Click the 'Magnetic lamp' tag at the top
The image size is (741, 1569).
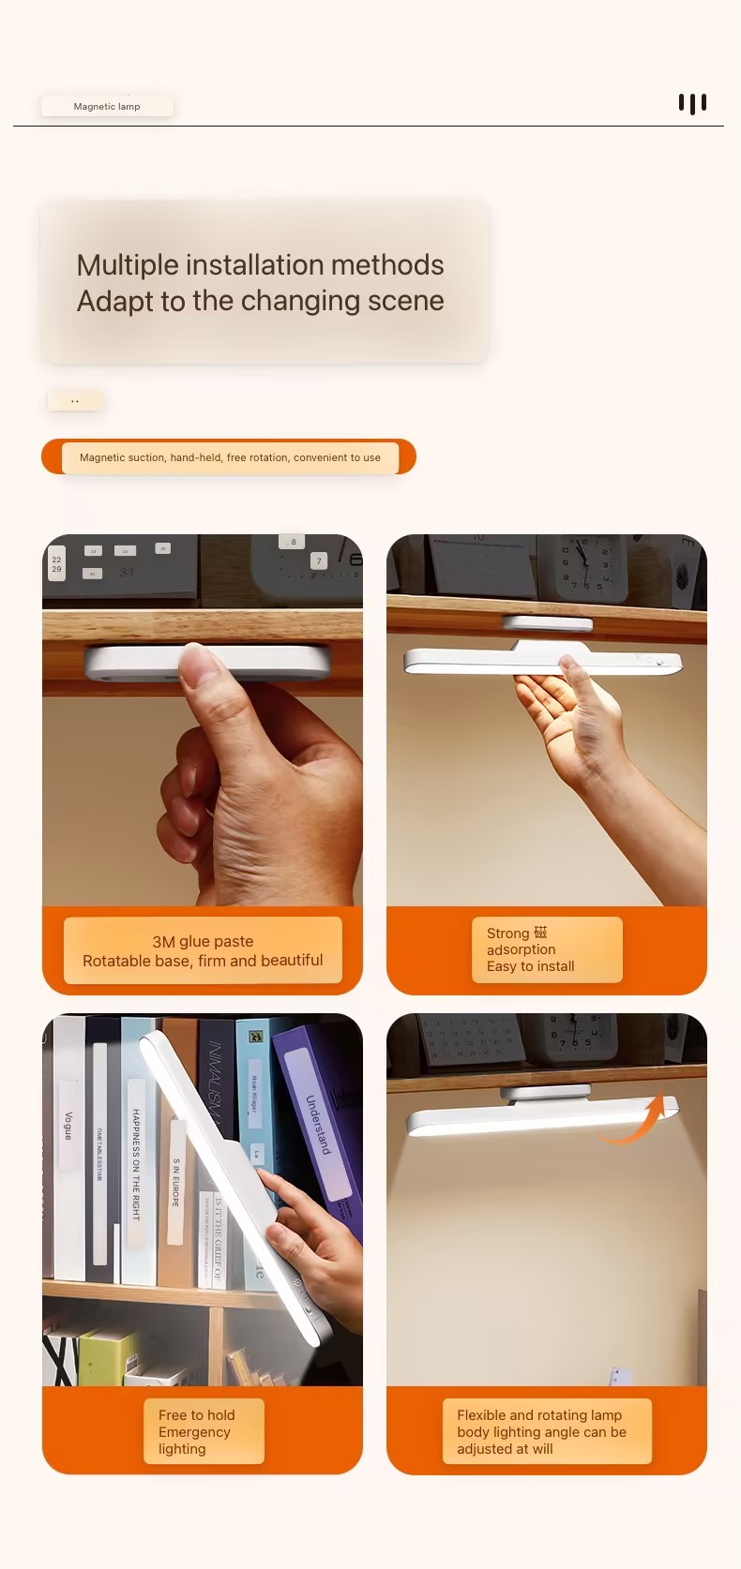pos(107,106)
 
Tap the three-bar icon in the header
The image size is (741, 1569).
pos(692,103)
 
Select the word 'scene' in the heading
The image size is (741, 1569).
pos(405,301)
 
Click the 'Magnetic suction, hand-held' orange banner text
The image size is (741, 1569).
pos(230,457)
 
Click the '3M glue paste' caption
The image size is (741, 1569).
pos(203,941)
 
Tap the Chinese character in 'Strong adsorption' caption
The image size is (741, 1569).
pos(540,933)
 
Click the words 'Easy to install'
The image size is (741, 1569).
pos(530,966)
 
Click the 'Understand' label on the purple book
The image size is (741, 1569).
pos(319,1125)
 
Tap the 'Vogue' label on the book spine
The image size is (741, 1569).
pos(68,1125)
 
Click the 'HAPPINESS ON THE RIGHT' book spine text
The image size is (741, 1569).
pos(136,1163)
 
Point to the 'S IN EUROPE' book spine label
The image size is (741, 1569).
pos(175,1182)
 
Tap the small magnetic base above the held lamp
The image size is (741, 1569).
pos(547,623)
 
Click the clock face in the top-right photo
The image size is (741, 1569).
pos(585,562)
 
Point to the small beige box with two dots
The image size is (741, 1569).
pos(75,401)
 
